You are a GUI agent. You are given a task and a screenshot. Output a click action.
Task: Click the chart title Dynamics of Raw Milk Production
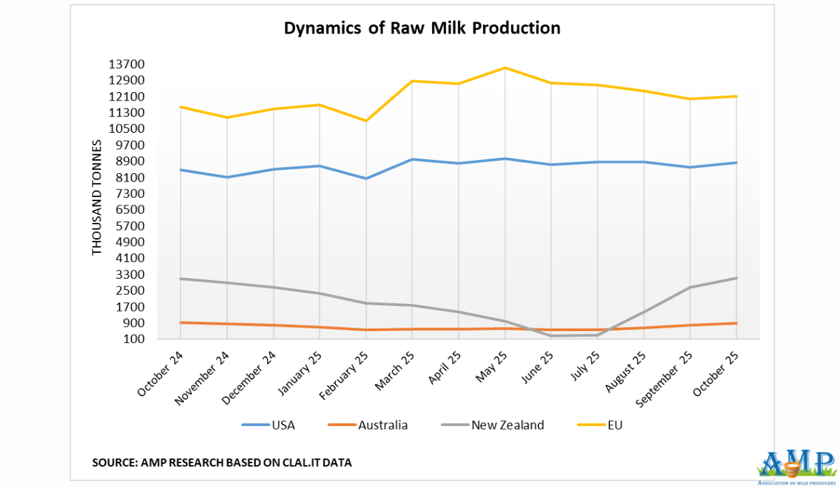coord(422,29)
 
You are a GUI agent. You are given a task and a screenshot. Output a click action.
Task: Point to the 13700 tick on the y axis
coord(126,64)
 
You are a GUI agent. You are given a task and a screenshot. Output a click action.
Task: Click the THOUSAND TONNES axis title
coord(98,198)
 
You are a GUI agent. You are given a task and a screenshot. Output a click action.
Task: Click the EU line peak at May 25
coord(505,68)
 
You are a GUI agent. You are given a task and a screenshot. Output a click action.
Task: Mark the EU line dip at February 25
coord(366,121)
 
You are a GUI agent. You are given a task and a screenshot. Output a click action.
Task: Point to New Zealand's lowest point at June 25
coord(552,336)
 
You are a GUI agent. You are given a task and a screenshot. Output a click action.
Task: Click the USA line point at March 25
coord(412,159)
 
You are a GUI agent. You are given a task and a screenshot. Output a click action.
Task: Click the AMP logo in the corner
coord(796,465)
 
